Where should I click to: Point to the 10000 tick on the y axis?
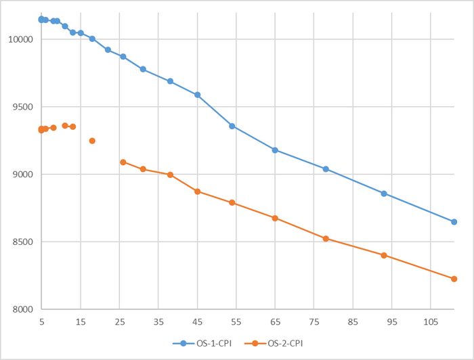[x=20, y=39]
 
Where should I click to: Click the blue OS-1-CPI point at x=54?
[x=232, y=126]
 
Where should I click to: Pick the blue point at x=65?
[x=275, y=150]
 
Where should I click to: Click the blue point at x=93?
[x=384, y=194]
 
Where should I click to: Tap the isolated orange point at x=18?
[x=92, y=141]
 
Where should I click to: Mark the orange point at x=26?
[x=123, y=162]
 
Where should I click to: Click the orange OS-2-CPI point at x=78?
[x=326, y=239]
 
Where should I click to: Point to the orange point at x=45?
[x=197, y=192]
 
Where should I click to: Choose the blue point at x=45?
[x=197, y=95]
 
